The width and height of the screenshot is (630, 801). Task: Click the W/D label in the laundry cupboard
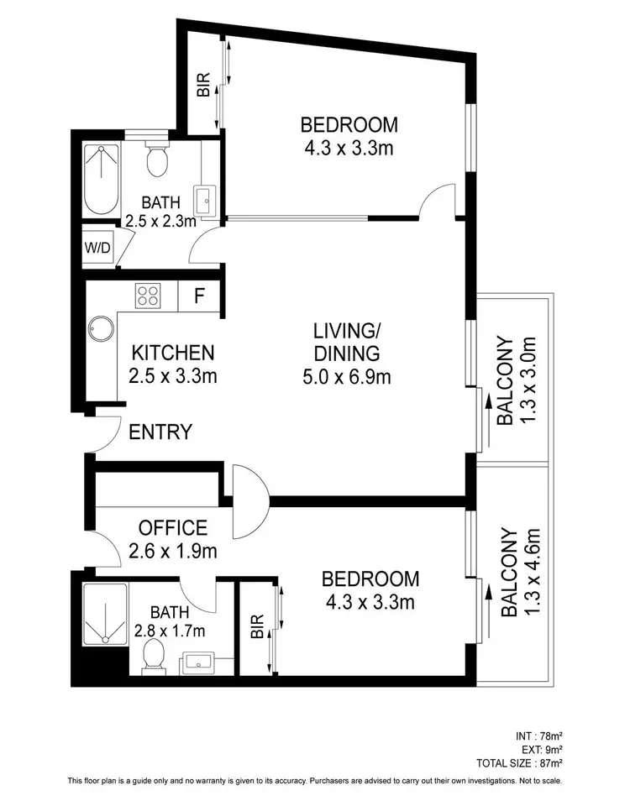point(99,248)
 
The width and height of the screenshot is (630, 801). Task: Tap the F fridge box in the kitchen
point(199,296)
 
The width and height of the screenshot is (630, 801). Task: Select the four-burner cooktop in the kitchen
point(149,295)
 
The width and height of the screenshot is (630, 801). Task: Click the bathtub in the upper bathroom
point(102,179)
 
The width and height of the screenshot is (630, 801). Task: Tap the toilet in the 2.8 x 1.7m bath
point(153,655)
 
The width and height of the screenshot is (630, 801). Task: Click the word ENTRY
point(160,432)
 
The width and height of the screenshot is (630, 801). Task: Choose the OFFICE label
point(172,528)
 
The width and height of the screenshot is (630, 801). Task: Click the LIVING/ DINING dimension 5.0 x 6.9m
point(346,377)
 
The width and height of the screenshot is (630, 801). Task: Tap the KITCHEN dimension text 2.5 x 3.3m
point(173,376)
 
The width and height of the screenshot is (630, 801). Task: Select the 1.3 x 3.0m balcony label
point(516,381)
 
